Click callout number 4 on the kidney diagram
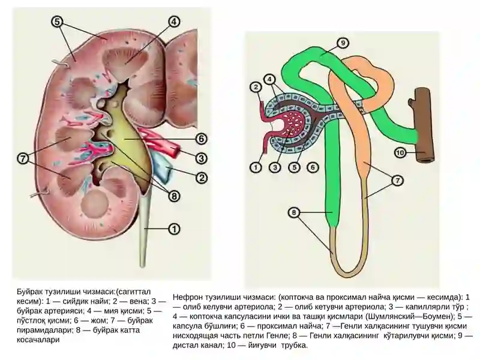click(x=173, y=22)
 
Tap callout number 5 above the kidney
click(x=57, y=22)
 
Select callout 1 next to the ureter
click(x=174, y=229)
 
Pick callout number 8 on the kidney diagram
click(x=174, y=196)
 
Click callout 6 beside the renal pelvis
click(x=201, y=139)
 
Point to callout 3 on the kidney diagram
click(x=201, y=158)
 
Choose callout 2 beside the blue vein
click(x=201, y=178)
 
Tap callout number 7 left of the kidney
click(x=23, y=158)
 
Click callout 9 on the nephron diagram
click(x=343, y=43)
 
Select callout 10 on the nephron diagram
click(x=400, y=152)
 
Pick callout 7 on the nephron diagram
click(x=397, y=181)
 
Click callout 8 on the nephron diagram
click(x=294, y=212)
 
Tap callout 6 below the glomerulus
click(x=313, y=167)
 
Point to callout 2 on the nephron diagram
click(x=256, y=88)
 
